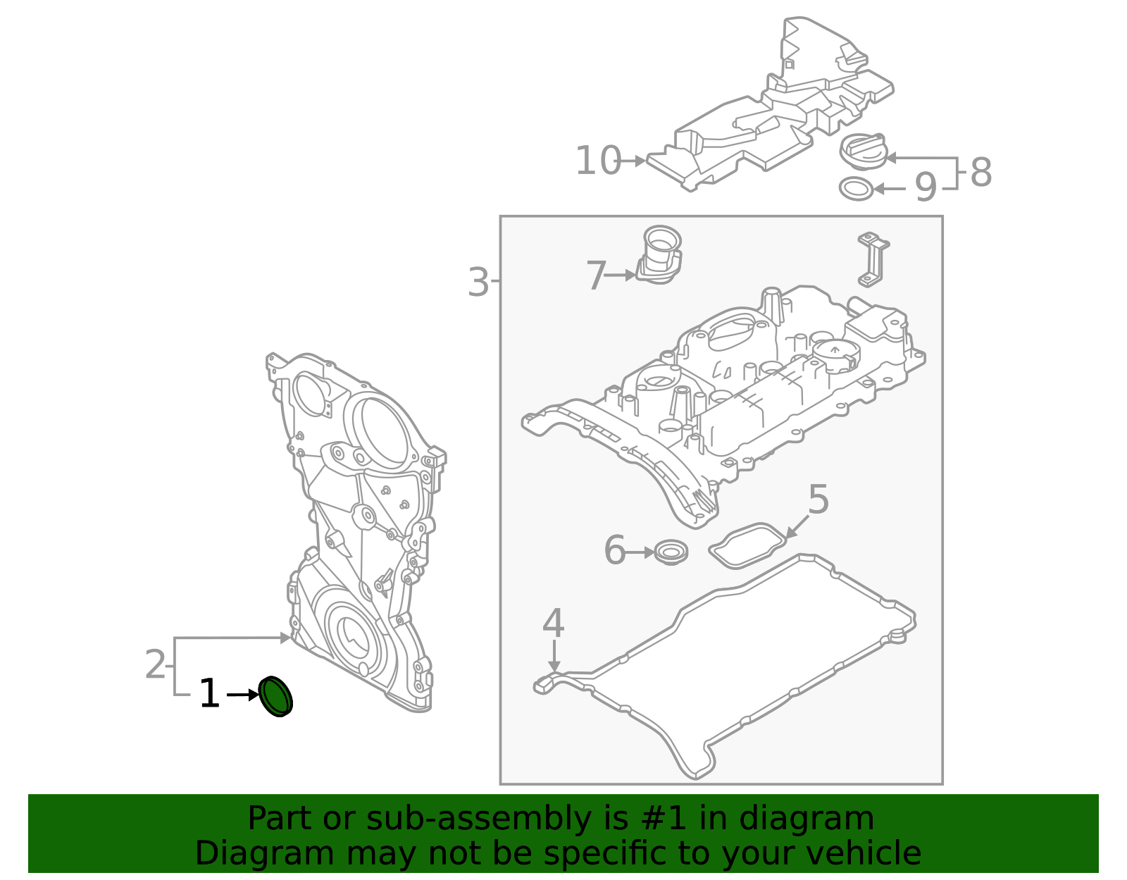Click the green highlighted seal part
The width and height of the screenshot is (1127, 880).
click(275, 697)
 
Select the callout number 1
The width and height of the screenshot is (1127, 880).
click(209, 695)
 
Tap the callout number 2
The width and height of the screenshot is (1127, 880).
click(155, 665)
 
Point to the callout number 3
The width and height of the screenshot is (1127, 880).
click(478, 283)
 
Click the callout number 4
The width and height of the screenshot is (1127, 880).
click(554, 624)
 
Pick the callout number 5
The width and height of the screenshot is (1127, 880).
click(818, 500)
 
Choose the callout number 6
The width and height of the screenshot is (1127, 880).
click(615, 550)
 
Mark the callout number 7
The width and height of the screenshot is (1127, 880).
click(596, 275)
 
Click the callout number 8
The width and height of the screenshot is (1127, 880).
click(980, 173)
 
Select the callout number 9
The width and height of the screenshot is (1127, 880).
click(926, 188)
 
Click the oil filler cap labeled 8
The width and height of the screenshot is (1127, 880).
click(864, 151)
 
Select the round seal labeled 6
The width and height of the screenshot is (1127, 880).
click(671, 552)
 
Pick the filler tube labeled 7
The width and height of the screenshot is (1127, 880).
click(661, 255)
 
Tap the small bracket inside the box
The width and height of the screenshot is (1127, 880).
click(873, 259)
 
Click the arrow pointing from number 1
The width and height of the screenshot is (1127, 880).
click(243, 695)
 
